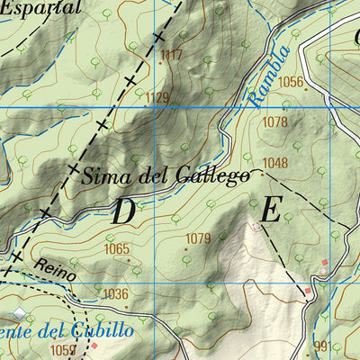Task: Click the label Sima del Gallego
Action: pos(166,175)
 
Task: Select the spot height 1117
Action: pos(170,56)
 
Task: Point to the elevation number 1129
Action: pos(157,97)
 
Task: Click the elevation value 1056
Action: pos(291,82)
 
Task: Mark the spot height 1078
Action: pos(274,122)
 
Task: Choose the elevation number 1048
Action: pos(275,163)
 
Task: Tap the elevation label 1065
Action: pos(117,249)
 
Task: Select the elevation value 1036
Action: pos(115,293)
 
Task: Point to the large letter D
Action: pos(124,211)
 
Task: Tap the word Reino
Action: pos(56,266)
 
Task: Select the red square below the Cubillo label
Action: pos(92,345)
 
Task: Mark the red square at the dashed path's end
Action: pos(307,291)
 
